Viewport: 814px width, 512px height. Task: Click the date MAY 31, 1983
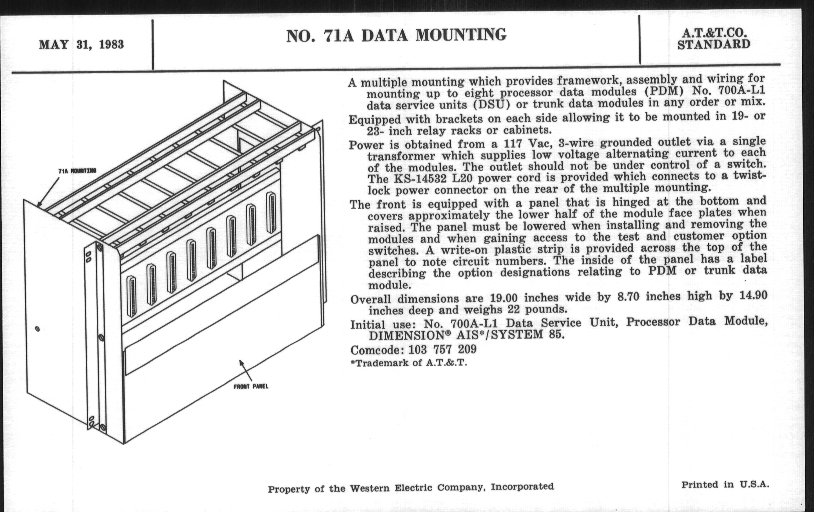coord(81,45)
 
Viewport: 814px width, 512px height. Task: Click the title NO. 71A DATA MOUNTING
coord(396,35)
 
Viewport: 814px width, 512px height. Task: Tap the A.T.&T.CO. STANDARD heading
coord(714,38)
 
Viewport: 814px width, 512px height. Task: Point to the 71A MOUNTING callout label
coord(77,171)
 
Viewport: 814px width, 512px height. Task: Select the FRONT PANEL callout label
coord(251,387)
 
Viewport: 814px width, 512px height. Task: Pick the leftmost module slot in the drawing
coord(131,296)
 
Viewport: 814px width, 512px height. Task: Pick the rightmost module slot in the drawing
coord(271,213)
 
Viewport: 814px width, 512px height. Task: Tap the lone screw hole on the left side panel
coord(37,329)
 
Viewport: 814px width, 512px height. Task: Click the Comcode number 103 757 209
coord(442,349)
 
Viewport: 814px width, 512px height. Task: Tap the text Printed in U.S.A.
coord(725,485)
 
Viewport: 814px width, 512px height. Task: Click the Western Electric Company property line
coord(411,488)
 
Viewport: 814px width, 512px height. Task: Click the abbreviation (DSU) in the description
coord(491,104)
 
